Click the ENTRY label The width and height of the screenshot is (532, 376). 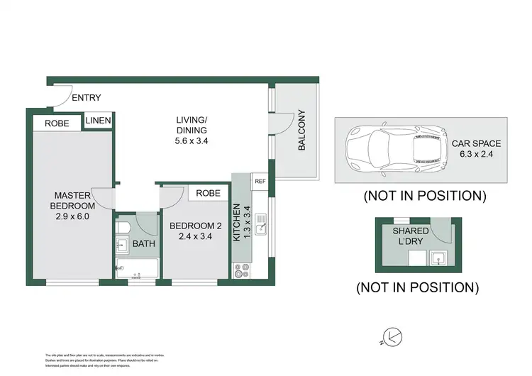[87, 98]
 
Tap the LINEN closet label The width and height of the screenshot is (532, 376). [98, 121]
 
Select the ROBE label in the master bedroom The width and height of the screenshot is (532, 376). [57, 123]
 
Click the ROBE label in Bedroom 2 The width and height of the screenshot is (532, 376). [208, 193]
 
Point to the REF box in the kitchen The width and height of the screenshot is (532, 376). [260, 182]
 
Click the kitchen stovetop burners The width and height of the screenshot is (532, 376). [242, 270]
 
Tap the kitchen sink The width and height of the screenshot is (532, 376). [261, 227]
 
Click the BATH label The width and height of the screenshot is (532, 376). [143, 245]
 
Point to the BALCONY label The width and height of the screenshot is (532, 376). [301, 131]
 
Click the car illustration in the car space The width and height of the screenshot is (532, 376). [395, 150]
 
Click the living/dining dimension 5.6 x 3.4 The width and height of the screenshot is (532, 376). [192, 140]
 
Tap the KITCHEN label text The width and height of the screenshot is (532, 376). [237, 224]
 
